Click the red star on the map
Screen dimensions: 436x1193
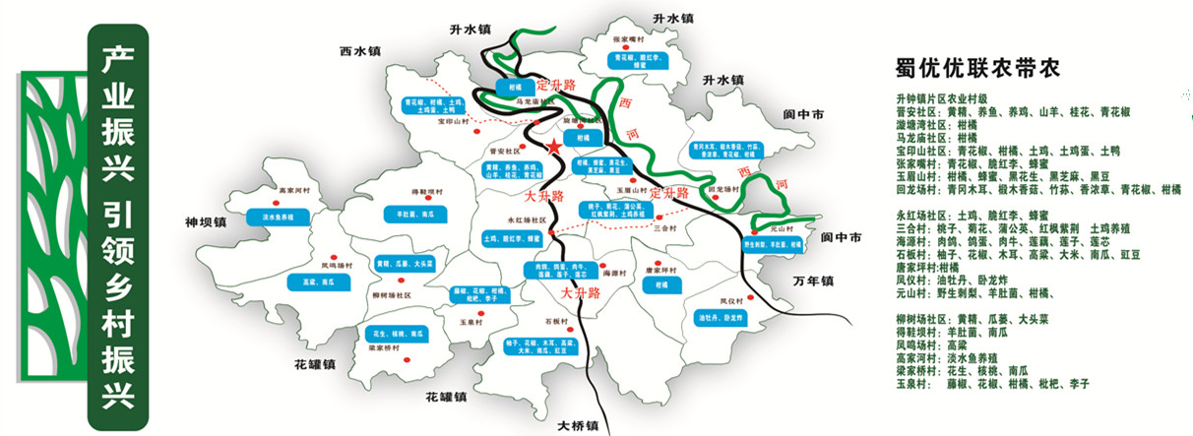click(x=554, y=147)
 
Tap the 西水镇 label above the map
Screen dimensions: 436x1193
click(x=359, y=51)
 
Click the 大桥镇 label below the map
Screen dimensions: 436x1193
click(x=578, y=426)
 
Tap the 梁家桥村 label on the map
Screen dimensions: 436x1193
click(x=382, y=347)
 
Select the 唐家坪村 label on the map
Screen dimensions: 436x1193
click(x=652, y=265)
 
